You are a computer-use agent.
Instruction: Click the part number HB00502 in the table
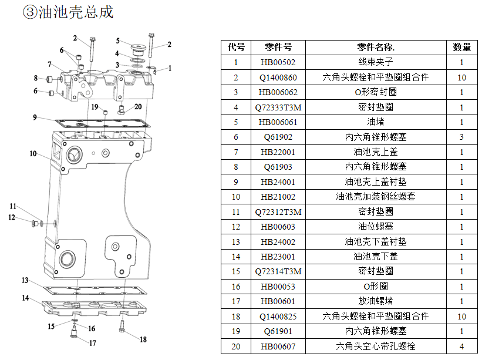pos(278,62)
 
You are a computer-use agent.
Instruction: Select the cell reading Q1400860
pos(278,78)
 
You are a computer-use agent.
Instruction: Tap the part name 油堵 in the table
pos(375,122)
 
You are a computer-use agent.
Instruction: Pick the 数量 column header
pos(461,48)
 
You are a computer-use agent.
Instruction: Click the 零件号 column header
pos(278,48)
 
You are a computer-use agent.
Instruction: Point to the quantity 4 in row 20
pos(461,346)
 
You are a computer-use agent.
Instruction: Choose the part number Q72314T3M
pos(278,271)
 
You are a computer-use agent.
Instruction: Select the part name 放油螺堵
pos(375,301)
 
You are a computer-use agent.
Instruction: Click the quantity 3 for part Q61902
pos(461,137)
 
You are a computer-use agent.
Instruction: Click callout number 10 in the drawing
pos(33,154)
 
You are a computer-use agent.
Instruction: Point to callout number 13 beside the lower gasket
pos(25,280)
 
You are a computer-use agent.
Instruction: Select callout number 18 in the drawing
pos(143,339)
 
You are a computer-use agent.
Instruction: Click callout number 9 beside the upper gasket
pos(35,117)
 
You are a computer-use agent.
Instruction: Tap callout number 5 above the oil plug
pos(118,41)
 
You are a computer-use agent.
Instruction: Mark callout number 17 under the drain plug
pos(93,344)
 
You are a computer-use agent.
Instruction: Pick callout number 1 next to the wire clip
pos(170,68)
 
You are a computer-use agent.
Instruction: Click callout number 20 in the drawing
pos(138,107)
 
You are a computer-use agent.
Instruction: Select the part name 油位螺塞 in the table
pos(375,227)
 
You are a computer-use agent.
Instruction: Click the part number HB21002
pos(278,197)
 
